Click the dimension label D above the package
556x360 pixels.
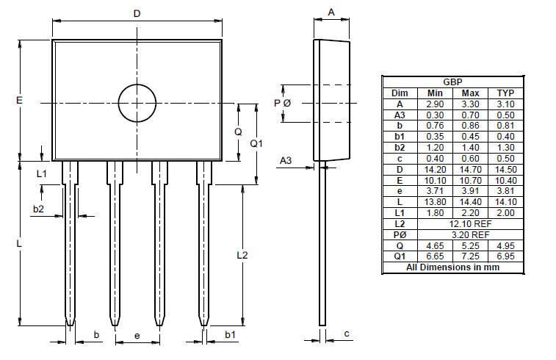(137, 13)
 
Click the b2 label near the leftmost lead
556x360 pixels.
(38, 209)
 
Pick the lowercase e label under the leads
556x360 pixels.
(137, 336)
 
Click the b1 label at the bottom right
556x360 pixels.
(230, 335)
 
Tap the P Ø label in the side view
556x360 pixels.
(283, 103)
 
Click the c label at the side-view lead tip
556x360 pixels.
(346, 334)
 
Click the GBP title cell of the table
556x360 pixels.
(452, 82)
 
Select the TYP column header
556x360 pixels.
(505, 93)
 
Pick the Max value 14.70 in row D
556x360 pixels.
(470, 169)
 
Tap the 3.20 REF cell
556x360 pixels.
(470, 234)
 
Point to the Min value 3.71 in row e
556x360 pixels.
(435, 191)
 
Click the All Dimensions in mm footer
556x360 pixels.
(453, 267)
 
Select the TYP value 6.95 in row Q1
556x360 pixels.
(505, 256)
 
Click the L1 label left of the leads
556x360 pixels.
(42, 173)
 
